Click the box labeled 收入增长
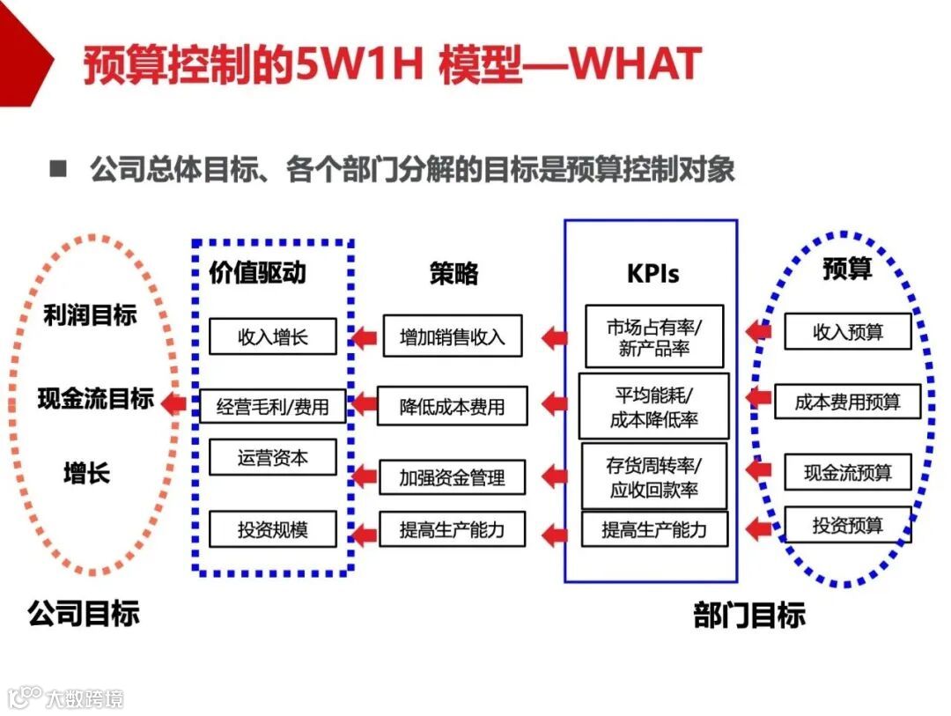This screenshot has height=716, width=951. (x=272, y=336)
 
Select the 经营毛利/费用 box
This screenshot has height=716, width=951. (x=273, y=406)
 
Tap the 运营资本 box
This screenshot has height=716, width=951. (x=272, y=458)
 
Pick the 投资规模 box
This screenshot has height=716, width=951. (x=272, y=529)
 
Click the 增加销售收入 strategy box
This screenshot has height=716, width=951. (x=452, y=336)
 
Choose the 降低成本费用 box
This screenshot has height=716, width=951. (x=452, y=406)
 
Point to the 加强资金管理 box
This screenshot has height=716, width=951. (x=452, y=477)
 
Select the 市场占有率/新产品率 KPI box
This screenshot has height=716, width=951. (x=653, y=337)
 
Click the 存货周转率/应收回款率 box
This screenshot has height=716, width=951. (x=653, y=476)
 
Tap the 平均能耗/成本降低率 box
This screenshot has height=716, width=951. (x=653, y=406)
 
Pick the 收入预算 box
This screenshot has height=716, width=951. (x=848, y=332)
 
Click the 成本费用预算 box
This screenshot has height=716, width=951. (x=847, y=402)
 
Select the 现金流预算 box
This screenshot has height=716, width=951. (x=848, y=472)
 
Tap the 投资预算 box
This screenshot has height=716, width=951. (x=847, y=525)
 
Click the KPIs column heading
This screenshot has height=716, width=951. (x=652, y=273)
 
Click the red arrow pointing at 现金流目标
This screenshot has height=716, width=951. (x=174, y=404)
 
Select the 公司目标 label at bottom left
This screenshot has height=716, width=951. (x=84, y=613)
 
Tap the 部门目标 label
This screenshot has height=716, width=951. (x=749, y=615)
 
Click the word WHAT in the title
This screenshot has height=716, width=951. (x=635, y=64)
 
